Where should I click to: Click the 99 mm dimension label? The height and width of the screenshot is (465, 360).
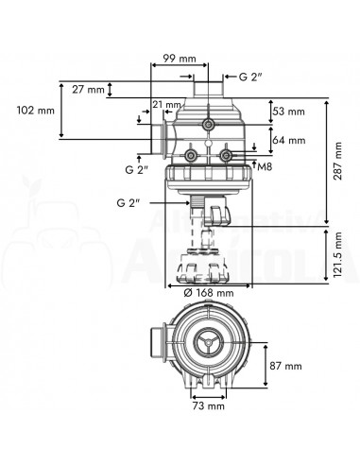[180, 59]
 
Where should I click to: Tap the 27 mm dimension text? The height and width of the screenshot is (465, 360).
[88, 90]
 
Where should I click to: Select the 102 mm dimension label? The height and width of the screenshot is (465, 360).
[36, 111]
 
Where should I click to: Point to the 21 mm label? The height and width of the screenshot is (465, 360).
[166, 104]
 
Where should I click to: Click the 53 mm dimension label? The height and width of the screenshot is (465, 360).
[289, 112]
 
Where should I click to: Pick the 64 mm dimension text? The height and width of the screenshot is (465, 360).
[289, 140]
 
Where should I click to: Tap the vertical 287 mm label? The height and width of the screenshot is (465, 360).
[338, 161]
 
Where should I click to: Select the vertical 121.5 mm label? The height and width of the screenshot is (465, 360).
[338, 255]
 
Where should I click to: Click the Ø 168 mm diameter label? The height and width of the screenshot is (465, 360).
[209, 293]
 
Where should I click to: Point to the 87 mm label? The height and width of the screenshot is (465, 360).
[285, 366]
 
